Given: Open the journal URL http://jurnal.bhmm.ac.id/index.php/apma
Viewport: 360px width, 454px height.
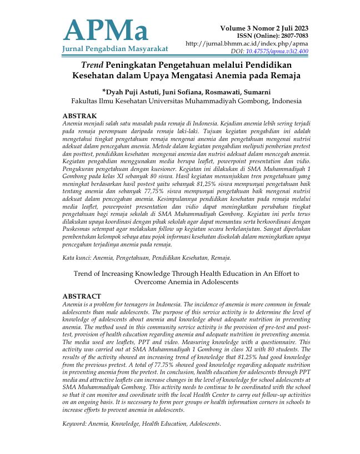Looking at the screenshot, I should click(x=247, y=43).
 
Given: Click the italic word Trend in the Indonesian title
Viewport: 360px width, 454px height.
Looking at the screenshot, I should click(x=93, y=64).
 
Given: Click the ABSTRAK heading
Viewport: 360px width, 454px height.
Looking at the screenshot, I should click(x=81, y=115).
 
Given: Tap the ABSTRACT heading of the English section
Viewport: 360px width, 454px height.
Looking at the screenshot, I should click(x=82, y=296).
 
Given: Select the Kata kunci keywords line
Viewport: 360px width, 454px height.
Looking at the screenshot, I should click(x=147, y=258).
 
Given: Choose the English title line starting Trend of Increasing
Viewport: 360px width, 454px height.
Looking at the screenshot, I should click(x=186, y=274).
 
